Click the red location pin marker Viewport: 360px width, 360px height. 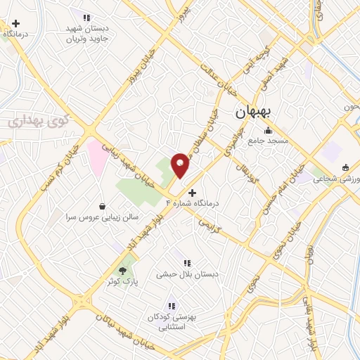181,165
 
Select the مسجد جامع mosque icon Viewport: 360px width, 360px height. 267,130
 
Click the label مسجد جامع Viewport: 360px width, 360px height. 267,141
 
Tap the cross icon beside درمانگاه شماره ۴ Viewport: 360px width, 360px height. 193,192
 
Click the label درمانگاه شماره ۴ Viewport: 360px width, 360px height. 192,203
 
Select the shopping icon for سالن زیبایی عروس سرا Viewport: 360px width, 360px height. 103,207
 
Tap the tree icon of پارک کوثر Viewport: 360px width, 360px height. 124,269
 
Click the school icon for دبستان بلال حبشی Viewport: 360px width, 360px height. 186,263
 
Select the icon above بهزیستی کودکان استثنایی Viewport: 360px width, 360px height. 170,305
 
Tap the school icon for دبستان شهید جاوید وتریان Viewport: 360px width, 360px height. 86,18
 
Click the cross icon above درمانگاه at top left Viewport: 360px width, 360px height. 15,23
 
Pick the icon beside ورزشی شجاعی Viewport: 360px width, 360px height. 345,167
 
